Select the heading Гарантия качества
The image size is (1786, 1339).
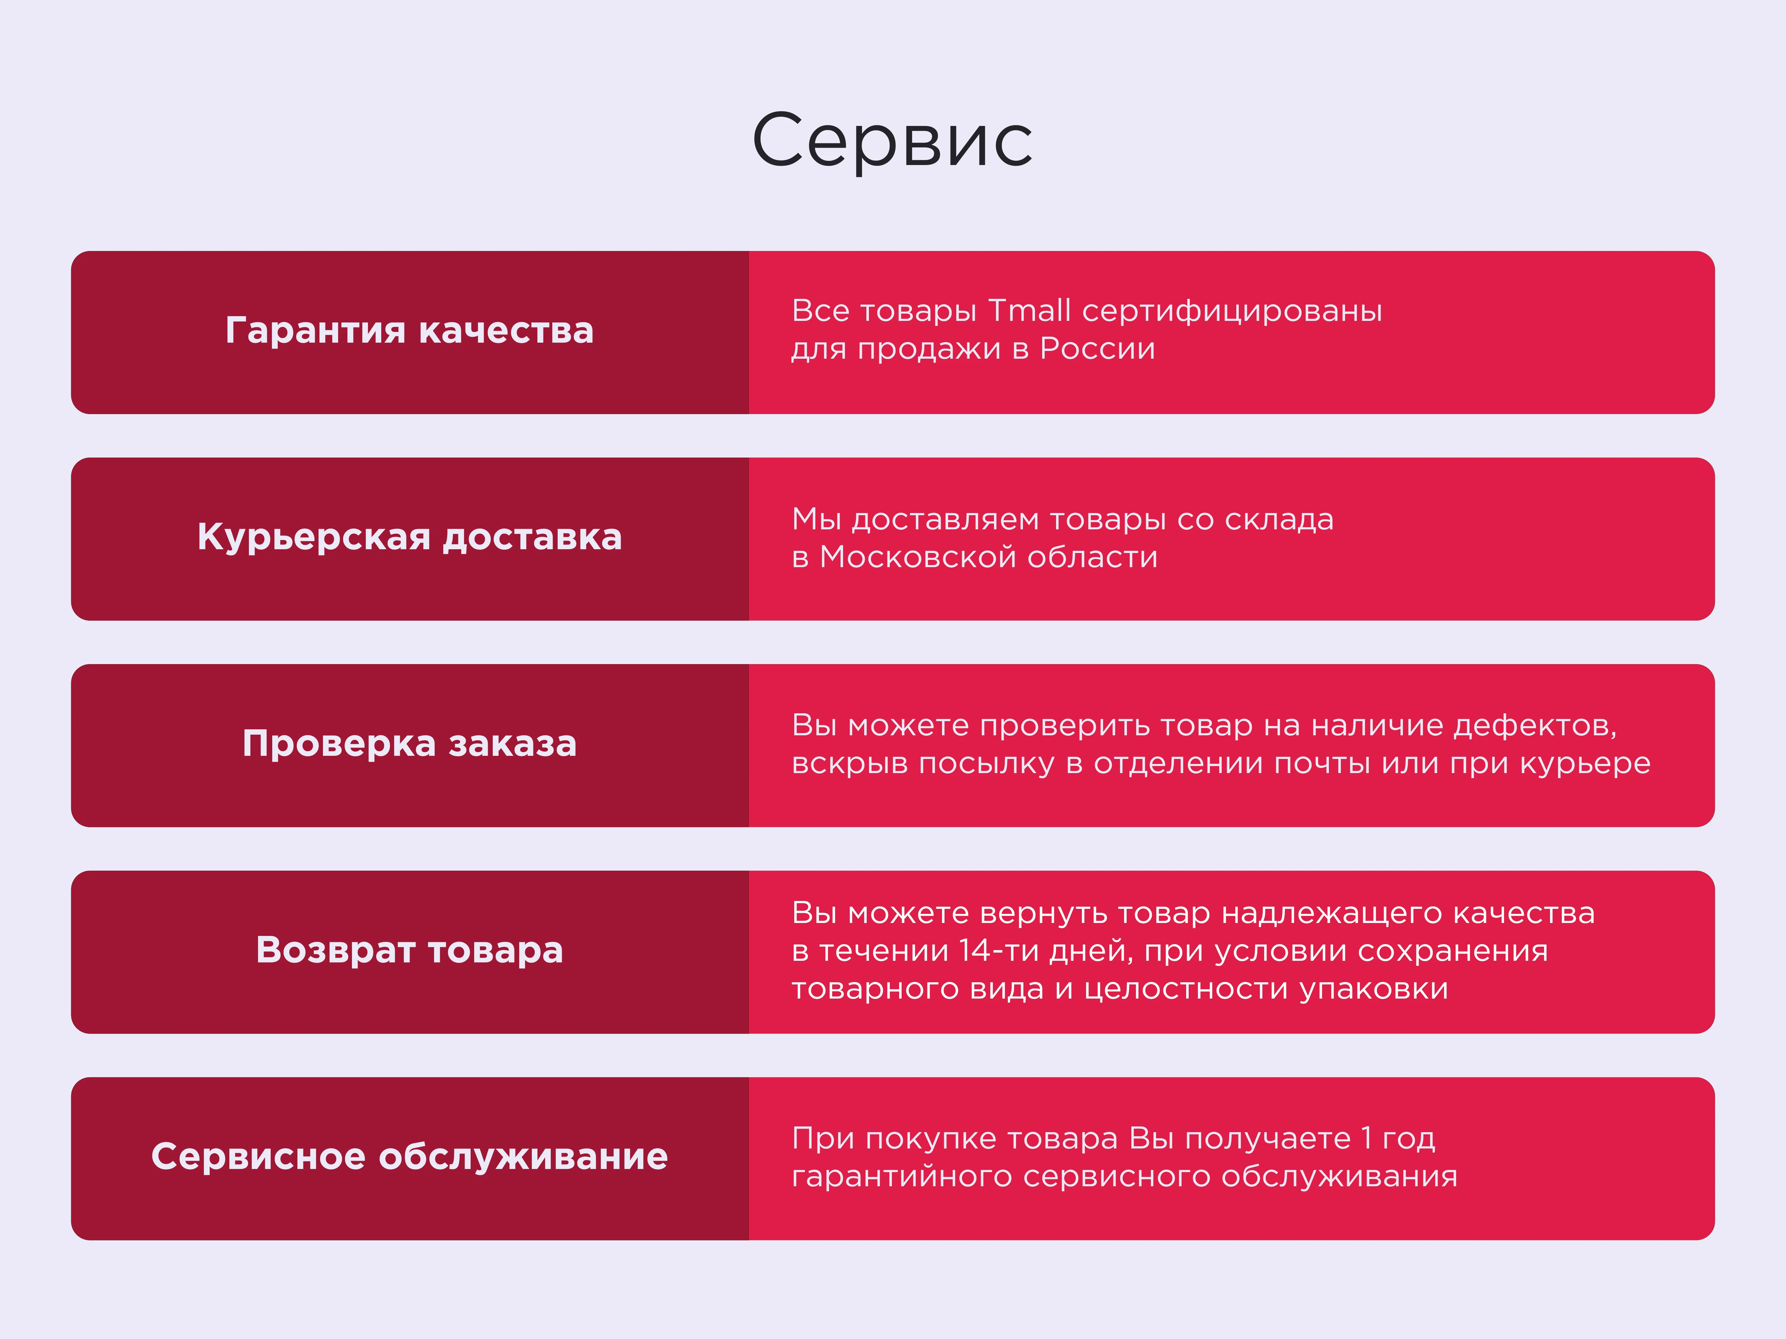pos(409,331)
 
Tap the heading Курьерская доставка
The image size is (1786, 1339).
pos(409,538)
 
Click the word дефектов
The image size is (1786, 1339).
pos(1534,726)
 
